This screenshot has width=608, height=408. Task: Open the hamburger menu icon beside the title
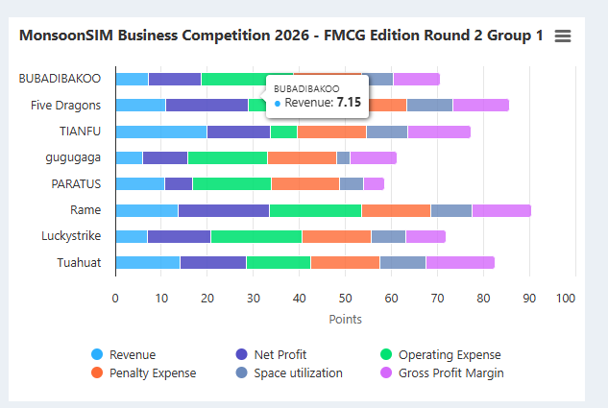point(563,36)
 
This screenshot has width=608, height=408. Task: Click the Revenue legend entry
point(132,354)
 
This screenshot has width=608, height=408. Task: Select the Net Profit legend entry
point(275,354)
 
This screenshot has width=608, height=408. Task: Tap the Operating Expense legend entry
point(449,354)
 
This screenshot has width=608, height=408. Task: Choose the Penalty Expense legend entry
point(152,372)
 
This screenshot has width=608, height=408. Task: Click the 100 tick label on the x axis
point(567,298)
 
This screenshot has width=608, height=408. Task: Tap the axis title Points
point(345,319)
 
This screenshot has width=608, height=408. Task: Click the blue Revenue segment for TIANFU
point(160,132)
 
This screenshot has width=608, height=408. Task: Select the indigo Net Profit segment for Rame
point(223,210)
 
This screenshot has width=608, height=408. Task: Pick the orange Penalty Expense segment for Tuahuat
point(345,262)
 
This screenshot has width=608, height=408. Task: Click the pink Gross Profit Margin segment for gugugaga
point(373,157)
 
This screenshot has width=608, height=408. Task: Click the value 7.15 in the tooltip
point(349,102)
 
